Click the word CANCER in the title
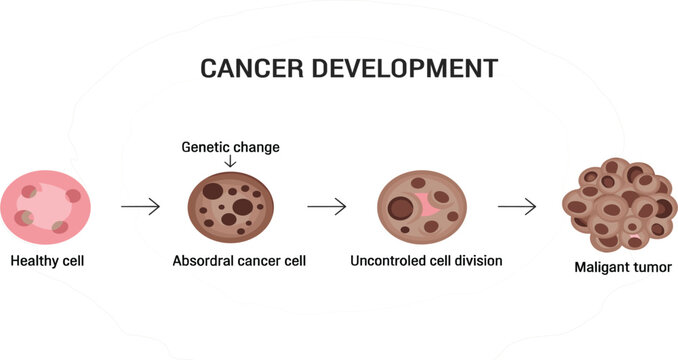[246, 69]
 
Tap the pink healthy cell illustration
[48, 206]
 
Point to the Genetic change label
[230, 147]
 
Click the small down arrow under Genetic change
[231, 161]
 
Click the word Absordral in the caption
[205, 262]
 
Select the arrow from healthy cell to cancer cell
[140, 207]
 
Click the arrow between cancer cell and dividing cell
[326, 207]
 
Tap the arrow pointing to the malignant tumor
[517, 207]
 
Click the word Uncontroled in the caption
[389, 261]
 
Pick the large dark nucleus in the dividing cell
[401, 209]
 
